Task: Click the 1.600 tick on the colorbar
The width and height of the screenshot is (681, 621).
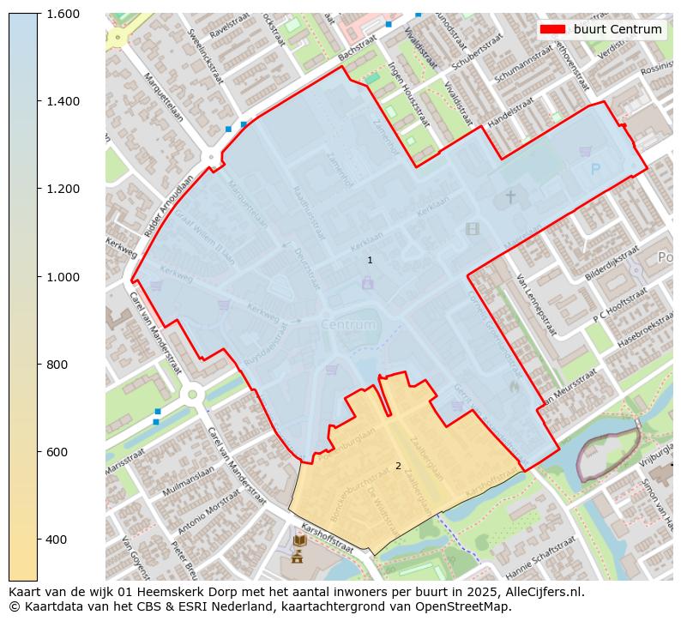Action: point(62,14)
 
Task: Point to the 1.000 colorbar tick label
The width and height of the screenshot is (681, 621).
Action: point(62,276)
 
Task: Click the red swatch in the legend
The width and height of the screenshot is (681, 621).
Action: point(552,29)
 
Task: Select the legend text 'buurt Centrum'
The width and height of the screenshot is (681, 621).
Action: point(618,29)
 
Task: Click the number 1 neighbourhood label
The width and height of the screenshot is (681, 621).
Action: point(370,260)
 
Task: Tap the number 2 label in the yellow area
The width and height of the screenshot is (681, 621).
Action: point(398,466)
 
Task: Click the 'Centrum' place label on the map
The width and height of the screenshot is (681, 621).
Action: point(348,325)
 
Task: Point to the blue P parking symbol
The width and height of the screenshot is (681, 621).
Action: point(595,170)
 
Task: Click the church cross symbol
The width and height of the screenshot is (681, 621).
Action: point(510,197)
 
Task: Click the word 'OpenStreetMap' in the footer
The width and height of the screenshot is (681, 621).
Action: point(467,606)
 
